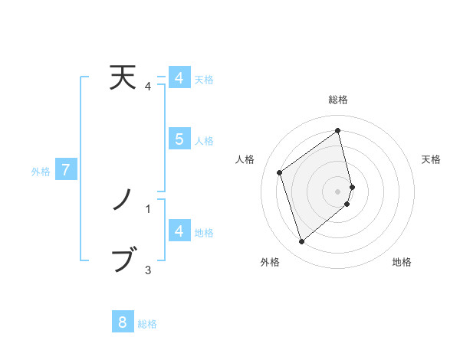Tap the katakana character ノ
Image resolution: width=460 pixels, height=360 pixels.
[123, 201]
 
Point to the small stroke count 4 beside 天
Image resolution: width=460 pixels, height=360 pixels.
[148, 87]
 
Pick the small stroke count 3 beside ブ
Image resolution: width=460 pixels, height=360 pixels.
[148, 270]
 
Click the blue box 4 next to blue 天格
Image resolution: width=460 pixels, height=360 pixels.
[179, 78]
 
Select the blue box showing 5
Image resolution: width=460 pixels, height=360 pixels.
[179, 139]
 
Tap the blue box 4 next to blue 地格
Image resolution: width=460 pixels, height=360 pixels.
[179, 231]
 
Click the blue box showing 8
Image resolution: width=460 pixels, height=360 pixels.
[123, 322]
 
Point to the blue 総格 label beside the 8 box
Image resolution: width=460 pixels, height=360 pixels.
[147, 324]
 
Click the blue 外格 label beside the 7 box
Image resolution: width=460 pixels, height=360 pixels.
[41, 172]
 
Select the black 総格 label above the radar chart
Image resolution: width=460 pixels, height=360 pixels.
[338, 100]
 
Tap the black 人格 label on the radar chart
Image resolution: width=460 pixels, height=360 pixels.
[245, 159]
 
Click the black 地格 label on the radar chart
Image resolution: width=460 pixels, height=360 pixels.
[402, 263]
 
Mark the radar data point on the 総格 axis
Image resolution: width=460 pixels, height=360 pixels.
[338, 131]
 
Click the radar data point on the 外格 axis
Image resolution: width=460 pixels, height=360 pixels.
[301, 242]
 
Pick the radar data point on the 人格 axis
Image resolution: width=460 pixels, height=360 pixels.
[280, 172]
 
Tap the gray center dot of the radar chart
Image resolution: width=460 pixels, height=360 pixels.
[338, 191]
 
